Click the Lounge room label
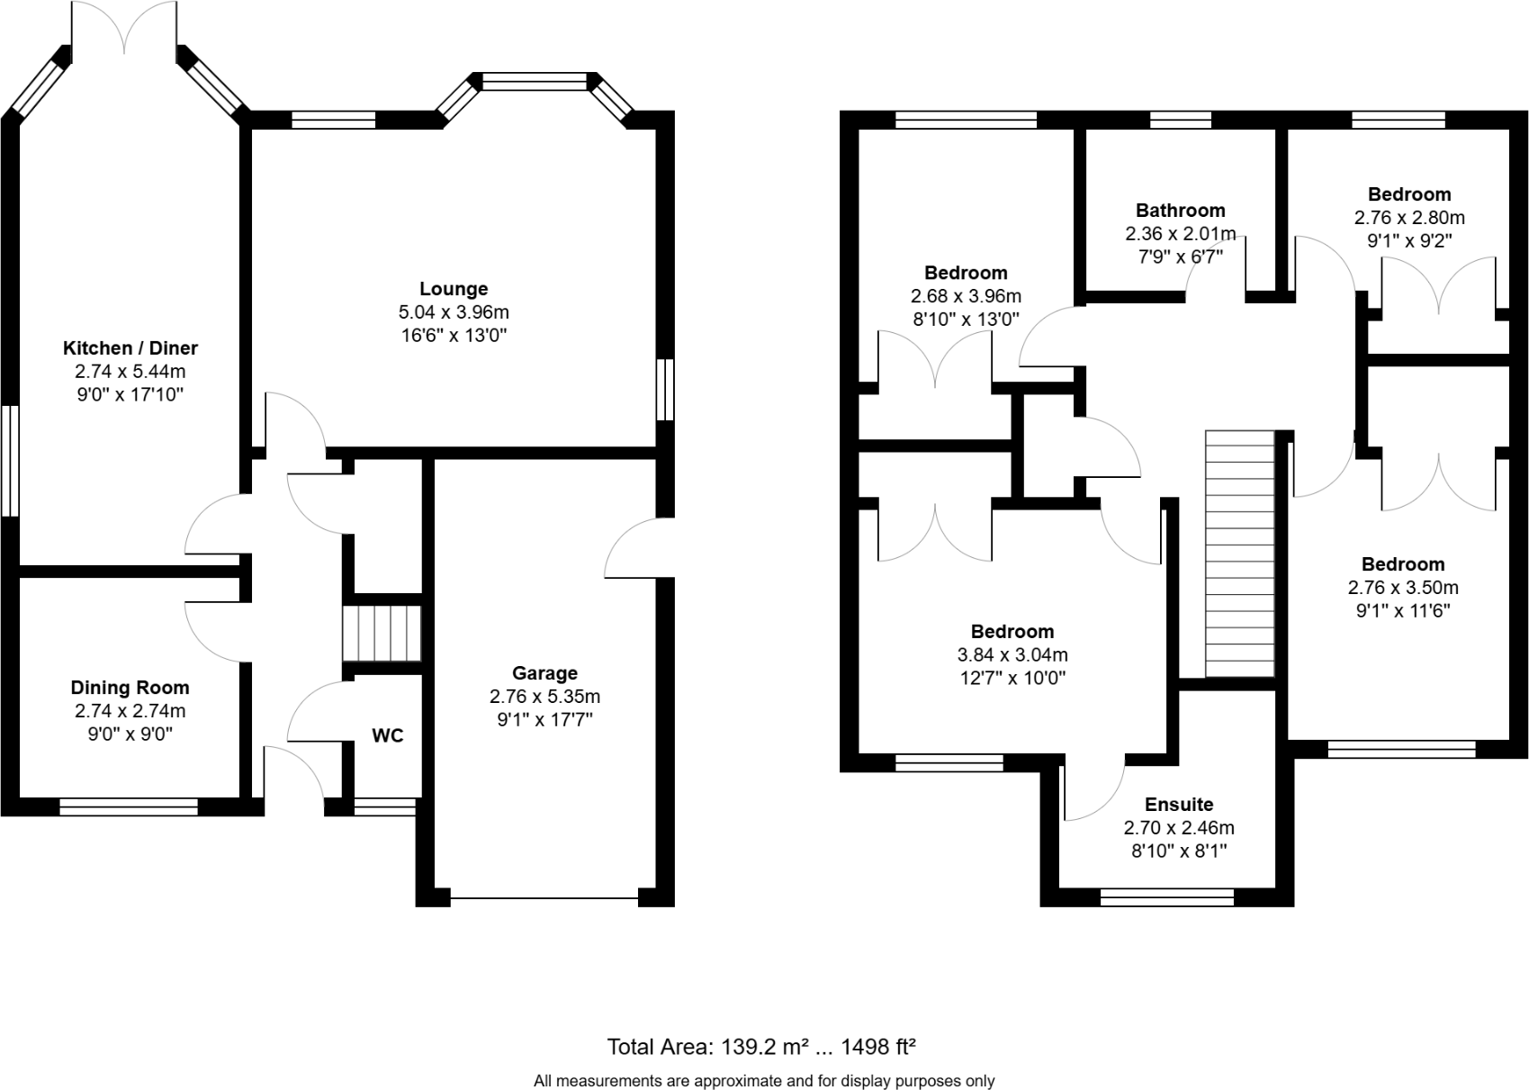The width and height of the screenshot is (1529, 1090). coord(454,289)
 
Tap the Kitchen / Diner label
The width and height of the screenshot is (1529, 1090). coord(130,348)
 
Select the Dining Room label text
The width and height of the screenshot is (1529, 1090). coord(130,688)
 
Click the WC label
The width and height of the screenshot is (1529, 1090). coord(388,735)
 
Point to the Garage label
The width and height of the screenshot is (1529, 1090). coord(544,673)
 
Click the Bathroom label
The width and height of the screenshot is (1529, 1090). coord(1180,211)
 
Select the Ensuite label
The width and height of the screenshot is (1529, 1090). coord(1179,805)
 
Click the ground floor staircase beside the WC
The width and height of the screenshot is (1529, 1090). coord(382,634)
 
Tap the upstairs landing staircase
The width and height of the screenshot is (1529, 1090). coord(1240,554)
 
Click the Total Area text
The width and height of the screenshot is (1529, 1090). coord(761,1047)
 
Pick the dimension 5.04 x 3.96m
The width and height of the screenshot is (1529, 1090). coord(454,312)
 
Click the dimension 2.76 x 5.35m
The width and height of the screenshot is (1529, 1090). coord(544,697)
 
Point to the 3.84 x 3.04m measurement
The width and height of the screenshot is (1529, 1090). coord(1012,655)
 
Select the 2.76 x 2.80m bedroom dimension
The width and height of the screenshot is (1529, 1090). coord(1409,218)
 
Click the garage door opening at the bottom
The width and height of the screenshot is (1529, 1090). coord(544,897)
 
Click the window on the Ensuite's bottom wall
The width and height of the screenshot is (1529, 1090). coord(1167,896)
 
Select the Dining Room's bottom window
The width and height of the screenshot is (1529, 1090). coord(129,807)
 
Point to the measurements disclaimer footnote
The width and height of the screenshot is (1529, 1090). coord(764,1081)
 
